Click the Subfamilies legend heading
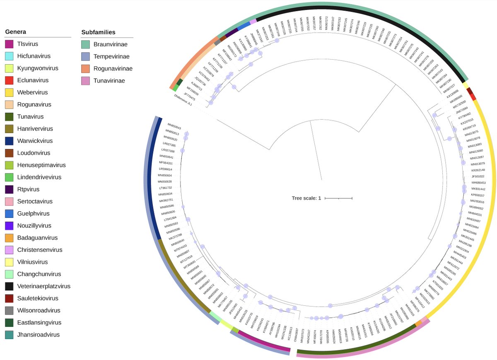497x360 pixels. [x=98, y=32]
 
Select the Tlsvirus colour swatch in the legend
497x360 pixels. [x=10, y=44]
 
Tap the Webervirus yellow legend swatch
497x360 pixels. [x=10, y=92]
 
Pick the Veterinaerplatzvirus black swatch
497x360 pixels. [x=10, y=286]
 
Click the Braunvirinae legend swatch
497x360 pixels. [x=87, y=44]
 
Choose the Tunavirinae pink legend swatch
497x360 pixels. [x=87, y=81]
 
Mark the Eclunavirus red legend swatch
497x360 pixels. [x=10, y=80]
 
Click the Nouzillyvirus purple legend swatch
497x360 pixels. [x=10, y=226]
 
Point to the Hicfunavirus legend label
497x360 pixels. [x=36, y=56]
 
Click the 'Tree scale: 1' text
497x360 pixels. [x=306, y=198]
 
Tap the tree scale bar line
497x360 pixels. [x=338, y=198]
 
